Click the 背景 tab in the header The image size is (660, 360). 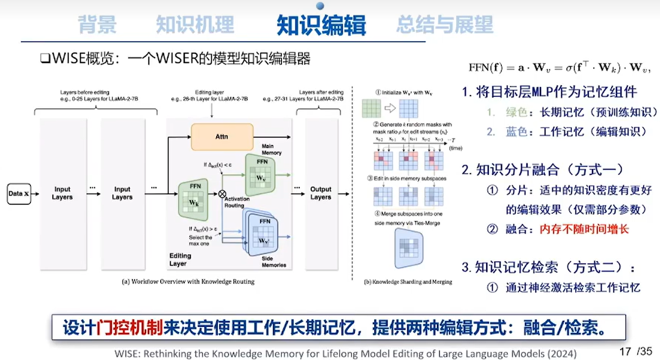click(x=97, y=25)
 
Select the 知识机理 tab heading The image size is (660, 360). click(x=195, y=25)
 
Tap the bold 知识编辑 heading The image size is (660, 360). click(x=321, y=25)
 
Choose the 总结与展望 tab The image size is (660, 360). click(x=444, y=25)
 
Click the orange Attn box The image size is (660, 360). click(x=222, y=137)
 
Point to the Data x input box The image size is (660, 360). click(x=19, y=193)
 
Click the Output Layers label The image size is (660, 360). click(x=320, y=193)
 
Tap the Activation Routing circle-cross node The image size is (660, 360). click(x=222, y=193)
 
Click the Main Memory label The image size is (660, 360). click(x=272, y=149)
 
